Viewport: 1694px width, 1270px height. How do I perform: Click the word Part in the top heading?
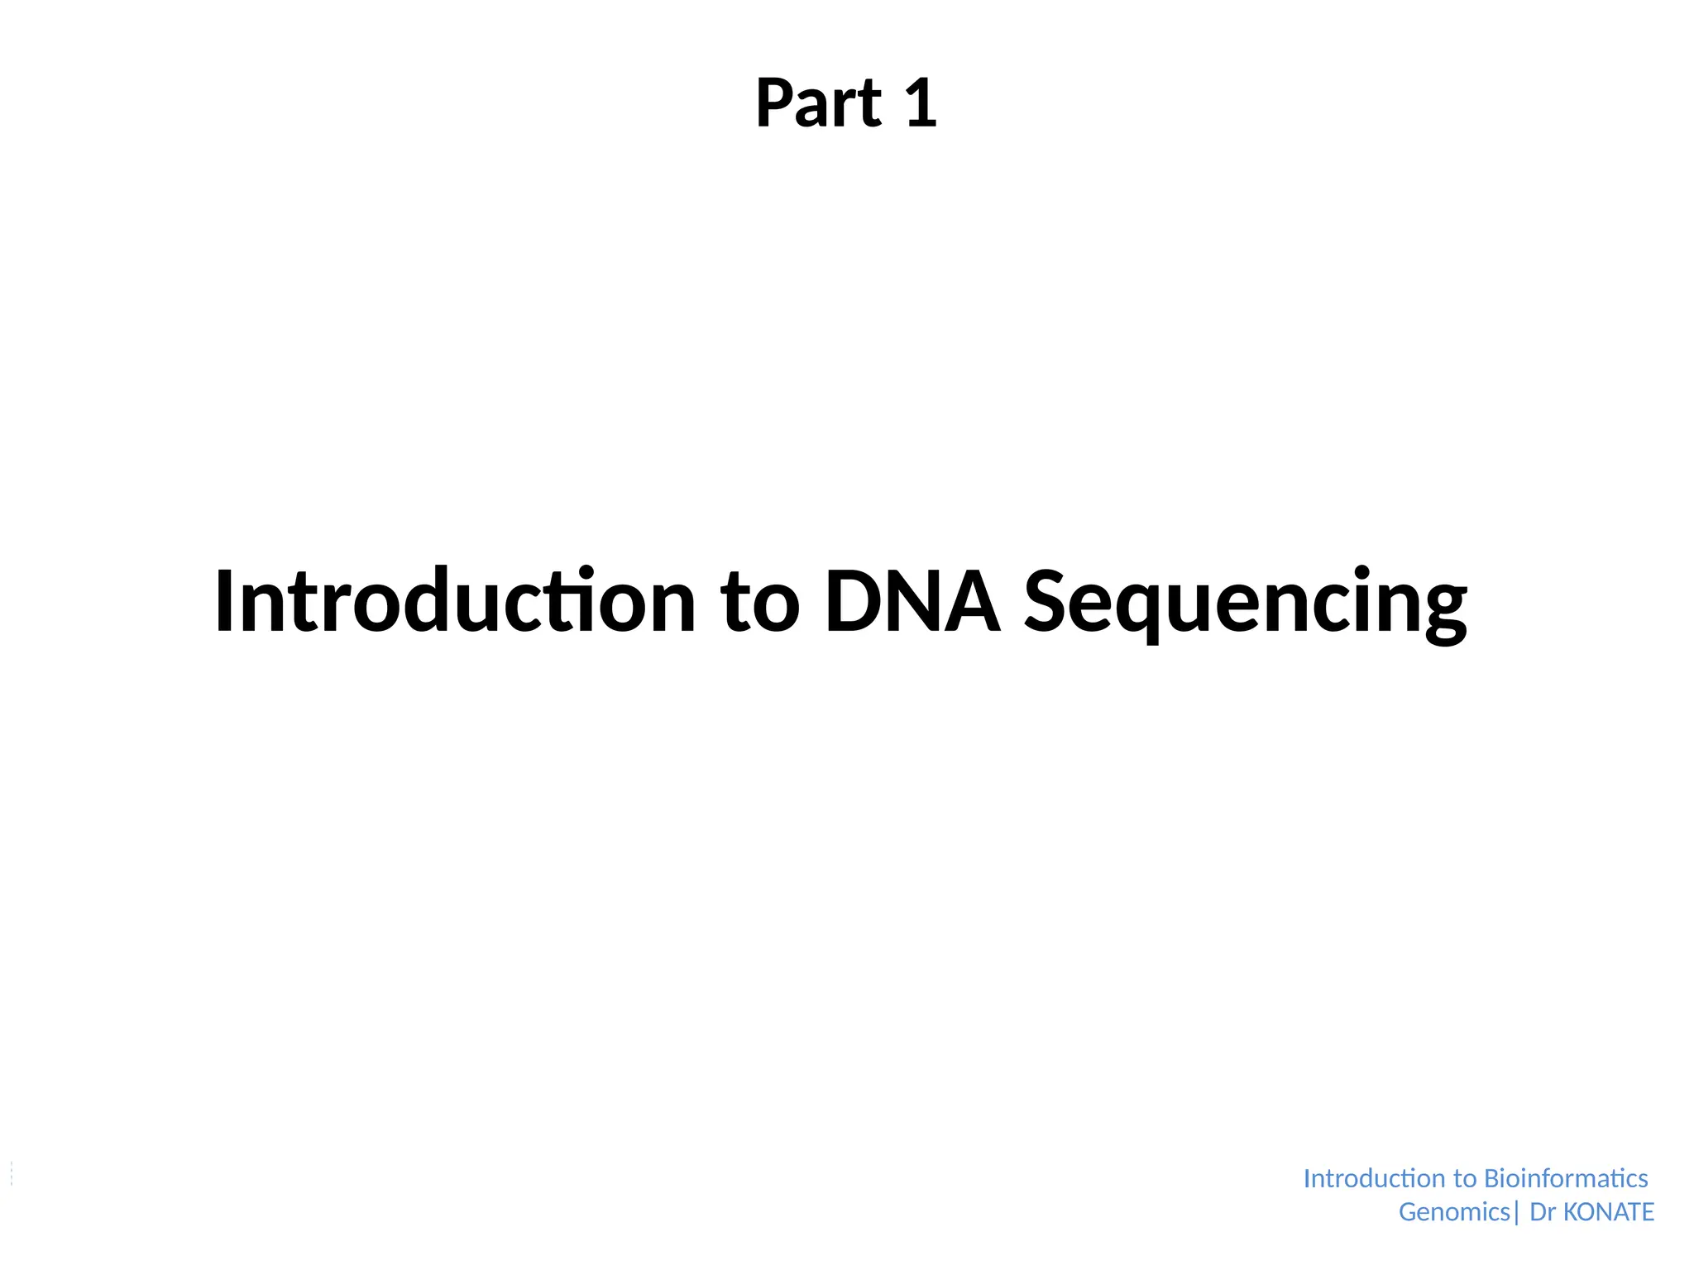[x=818, y=103]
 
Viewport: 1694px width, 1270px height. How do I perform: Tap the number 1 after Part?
[x=921, y=103]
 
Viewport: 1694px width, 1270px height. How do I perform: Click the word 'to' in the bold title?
[x=759, y=604]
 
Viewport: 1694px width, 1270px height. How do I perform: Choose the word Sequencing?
[x=1246, y=604]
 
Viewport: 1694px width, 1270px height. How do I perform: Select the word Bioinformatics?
[x=1566, y=1178]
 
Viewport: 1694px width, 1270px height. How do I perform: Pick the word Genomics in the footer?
[x=1454, y=1212]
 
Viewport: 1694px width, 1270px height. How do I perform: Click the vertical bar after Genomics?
[x=1517, y=1212]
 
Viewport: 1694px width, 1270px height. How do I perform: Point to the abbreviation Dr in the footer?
[x=1543, y=1212]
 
